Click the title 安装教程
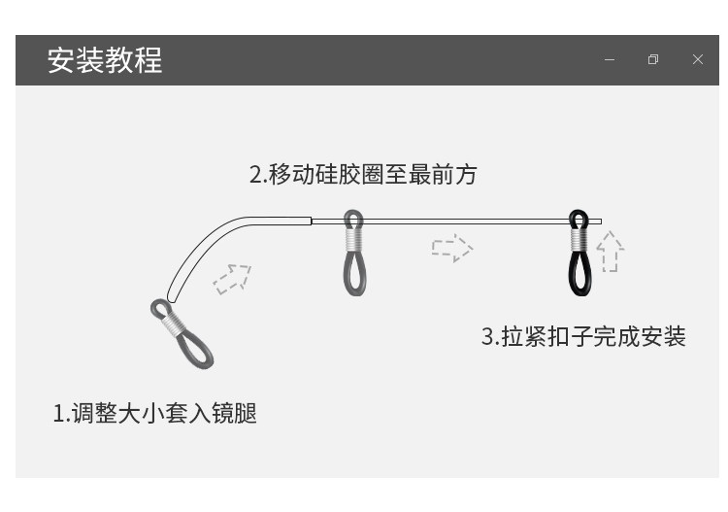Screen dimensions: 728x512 (x=105, y=60)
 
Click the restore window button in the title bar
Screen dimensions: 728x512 (x=653, y=60)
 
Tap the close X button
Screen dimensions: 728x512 (x=697, y=60)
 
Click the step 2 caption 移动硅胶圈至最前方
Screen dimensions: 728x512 (x=363, y=175)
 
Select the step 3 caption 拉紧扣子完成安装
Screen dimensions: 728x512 (x=583, y=337)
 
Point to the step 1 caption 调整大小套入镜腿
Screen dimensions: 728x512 (x=154, y=413)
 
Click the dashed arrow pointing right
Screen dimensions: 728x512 (x=451, y=248)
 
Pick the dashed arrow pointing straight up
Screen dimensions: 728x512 (x=610, y=252)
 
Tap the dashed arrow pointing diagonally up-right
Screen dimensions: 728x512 (x=232, y=278)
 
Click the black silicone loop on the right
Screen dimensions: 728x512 (x=579, y=267)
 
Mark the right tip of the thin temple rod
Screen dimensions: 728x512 (x=599, y=222)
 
